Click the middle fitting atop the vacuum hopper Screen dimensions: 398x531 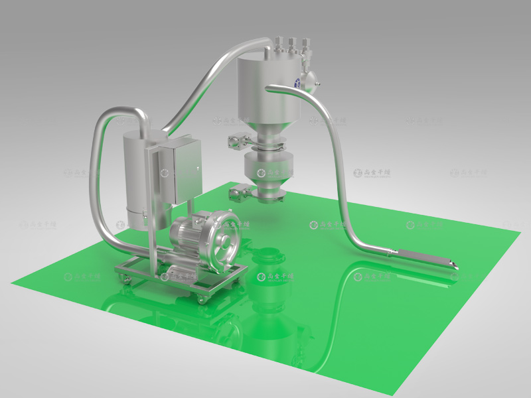[x=290, y=45]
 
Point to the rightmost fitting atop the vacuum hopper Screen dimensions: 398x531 [x=304, y=47]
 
